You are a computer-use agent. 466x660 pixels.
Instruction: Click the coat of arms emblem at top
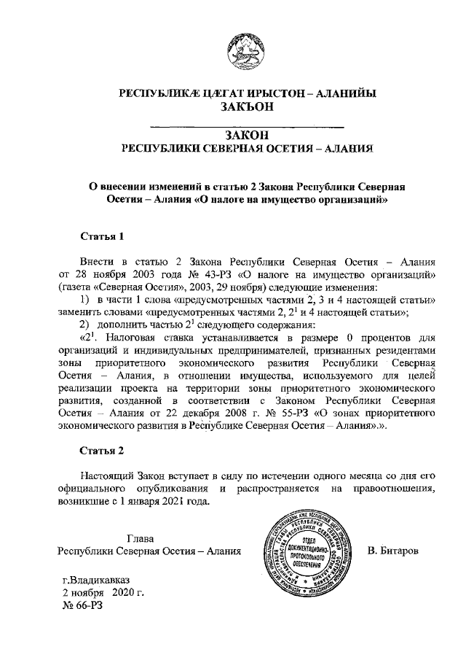[x=247, y=49]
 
